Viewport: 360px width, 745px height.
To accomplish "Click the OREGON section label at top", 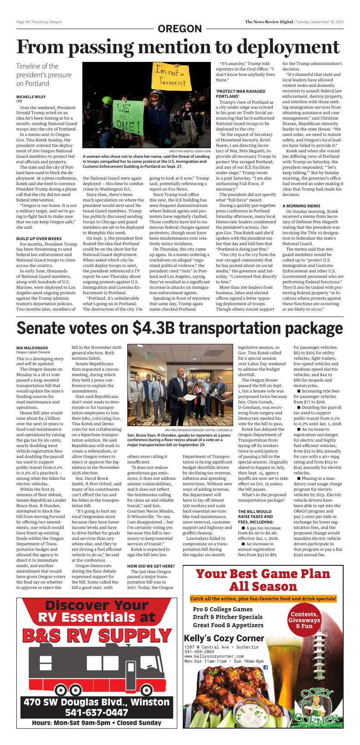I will [x=180, y=29].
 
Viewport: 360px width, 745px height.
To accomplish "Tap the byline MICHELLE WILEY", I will [x=31, y=97].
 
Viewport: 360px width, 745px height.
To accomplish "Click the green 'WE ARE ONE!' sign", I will [x=126, y=116].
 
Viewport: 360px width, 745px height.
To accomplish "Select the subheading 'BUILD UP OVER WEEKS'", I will [x=39, y=238].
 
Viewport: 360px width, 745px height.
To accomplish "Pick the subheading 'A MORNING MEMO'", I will [x=301, y=206].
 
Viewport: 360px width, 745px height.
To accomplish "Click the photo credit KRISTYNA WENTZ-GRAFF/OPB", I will [x=190, y=151].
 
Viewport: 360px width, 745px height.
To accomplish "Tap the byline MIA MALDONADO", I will [x=32, y=348].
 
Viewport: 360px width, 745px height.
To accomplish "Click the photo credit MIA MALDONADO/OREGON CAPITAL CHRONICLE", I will [x=199, y=429].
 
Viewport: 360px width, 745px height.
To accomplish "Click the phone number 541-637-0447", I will [x=96, y=712].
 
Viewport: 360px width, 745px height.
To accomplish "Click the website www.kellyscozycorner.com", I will [x=214, y=656].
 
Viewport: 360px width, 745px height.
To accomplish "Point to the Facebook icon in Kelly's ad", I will [x=265, y=667].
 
